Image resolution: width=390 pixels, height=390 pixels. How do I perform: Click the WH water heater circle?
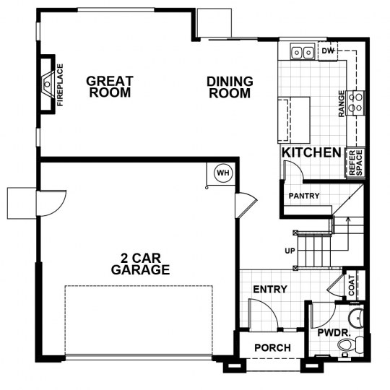[x=223, y=173]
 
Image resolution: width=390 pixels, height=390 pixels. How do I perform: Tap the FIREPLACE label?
[x=60, y=85]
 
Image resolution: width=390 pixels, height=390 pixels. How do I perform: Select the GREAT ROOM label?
[x=110, y=87]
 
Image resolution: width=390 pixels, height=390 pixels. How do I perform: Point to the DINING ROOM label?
[x=230, y=87]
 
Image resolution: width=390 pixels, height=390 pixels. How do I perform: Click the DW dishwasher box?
[x=328, y=51]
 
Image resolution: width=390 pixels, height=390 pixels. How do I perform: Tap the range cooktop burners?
[x=355, y=103]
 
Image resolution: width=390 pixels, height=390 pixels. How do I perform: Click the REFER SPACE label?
[x=355, y=162]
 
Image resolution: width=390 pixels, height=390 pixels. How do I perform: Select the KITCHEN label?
[x=311, y=152]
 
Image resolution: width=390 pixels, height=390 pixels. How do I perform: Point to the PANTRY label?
[x=304, y=196]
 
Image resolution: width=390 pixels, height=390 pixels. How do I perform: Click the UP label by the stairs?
[x=290, y=251]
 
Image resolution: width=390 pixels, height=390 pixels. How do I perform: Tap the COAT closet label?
[x=352, y=285]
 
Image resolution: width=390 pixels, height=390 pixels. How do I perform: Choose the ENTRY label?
[x=270, y=290]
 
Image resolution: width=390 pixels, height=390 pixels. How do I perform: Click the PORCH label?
[x=272, y=347]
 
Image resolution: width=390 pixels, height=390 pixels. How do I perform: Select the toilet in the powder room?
[x=350, y=344]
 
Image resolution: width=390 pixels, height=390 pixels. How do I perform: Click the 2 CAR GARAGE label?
[x=141, y=264]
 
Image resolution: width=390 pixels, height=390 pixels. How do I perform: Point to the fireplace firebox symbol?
[x=48, y=84]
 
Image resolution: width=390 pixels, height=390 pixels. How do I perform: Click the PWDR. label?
[x=334, y=332]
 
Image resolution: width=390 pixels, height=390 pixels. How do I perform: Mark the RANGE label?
[x=342, y=103]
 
